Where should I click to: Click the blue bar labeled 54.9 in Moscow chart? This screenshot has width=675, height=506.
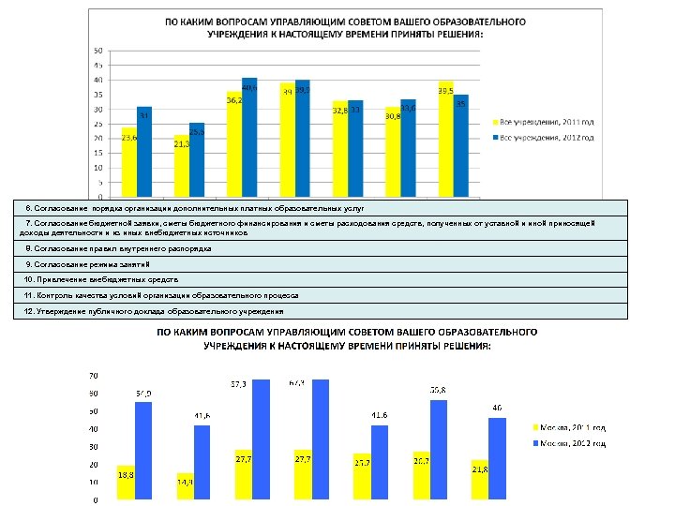143,450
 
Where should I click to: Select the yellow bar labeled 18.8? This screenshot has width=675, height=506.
126,482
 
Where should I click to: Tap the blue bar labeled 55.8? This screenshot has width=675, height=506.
438,449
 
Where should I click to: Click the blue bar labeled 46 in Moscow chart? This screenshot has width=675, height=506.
497,458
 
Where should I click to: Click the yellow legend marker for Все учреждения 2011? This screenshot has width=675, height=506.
494,121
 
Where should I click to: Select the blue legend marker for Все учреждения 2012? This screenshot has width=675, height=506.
494,138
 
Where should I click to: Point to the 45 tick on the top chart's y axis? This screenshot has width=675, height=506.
97,66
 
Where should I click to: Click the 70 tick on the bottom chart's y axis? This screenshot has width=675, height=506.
93,376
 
